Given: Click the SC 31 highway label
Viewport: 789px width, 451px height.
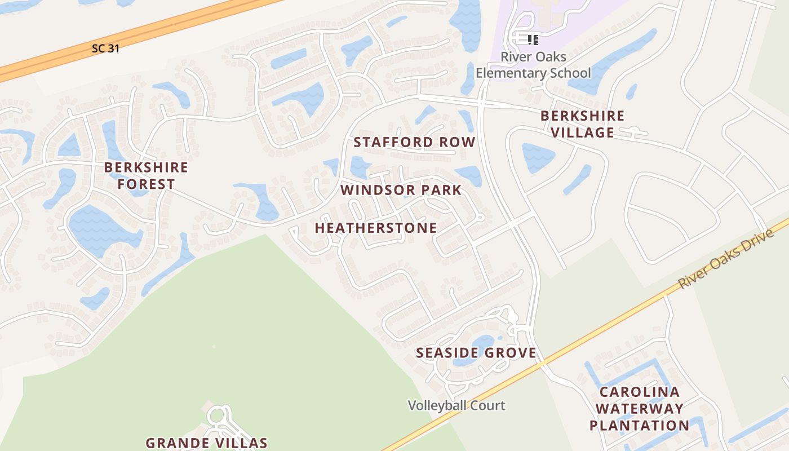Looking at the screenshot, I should point(105,49).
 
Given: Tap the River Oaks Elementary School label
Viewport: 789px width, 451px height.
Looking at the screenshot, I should point(533,65).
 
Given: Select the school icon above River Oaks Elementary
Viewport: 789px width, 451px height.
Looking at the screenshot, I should point(533,39).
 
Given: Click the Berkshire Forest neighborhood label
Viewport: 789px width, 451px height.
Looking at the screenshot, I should point(146,176).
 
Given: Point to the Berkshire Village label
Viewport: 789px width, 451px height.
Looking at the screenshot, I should point(582,124).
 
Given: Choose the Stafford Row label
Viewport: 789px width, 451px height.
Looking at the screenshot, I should point(414,143).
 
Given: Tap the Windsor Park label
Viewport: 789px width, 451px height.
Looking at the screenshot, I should point(401,190).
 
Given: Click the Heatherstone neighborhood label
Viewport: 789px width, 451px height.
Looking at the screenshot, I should point(375,228).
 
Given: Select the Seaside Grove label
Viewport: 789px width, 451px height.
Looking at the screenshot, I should point(476,353).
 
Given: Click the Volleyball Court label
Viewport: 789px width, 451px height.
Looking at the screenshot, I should point(456,405).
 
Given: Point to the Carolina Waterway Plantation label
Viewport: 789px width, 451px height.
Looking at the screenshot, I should point(639,409).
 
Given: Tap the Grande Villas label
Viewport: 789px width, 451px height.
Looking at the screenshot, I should point(206,443).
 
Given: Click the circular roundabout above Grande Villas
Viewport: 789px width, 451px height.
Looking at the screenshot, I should point(216,417).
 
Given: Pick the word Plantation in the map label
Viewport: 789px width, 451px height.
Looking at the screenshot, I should point(639,425).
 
